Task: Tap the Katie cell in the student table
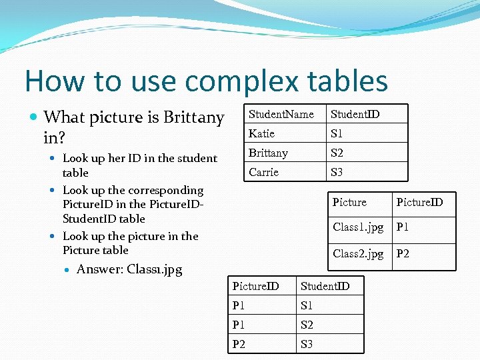(261, 134)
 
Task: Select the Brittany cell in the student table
(268, 153)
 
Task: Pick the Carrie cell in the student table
(263, 173)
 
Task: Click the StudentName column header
(281, 115)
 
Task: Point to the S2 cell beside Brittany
(337, 153)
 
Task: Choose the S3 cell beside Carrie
(337, 173)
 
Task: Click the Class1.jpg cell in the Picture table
(358, 227)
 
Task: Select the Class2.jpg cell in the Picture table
(358, 254)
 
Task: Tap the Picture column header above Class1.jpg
(349, 202)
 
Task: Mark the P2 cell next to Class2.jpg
(403, 254)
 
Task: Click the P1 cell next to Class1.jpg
(403, 227)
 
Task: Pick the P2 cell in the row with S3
(239, 344)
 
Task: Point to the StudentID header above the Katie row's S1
(355, 115)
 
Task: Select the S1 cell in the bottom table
(307, 306)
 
